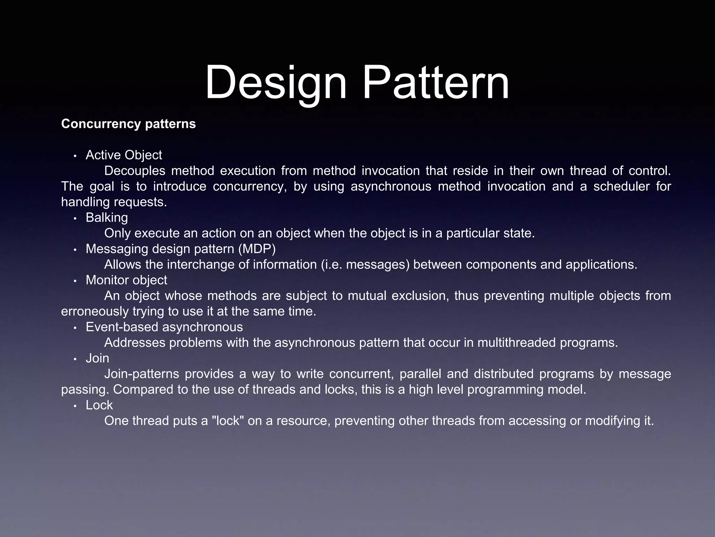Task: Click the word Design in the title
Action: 276,83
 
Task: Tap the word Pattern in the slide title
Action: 436,83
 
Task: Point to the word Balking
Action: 107,218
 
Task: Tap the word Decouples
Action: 135,171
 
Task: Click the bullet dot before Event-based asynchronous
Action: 75,328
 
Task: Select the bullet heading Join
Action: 97,358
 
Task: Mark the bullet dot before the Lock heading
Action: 75,406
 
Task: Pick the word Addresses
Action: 135,343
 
